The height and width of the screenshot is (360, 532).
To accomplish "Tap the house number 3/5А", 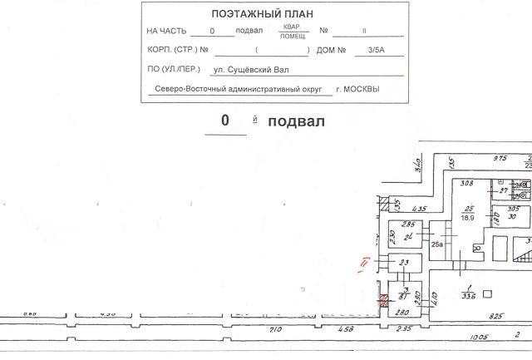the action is tap(365, 51).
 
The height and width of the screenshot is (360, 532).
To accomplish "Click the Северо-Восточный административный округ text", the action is tap(238, 90).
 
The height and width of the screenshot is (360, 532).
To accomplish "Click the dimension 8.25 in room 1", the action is tap(495, 316).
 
